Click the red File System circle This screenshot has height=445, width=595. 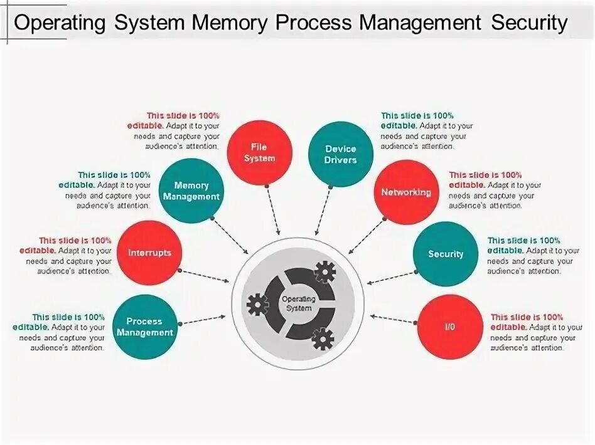[x=260, y=153]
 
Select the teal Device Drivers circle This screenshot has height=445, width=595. [x=341, y=154]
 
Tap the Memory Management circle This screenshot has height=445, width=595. [x=191, y=191]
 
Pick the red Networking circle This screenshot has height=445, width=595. [x=406, y=192]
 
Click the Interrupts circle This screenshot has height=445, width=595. [x=149, y=253]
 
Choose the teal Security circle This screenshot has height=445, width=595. [x=446, y=254]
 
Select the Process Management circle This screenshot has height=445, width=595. [x=144, y=327]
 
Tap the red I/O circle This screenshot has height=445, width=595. [x=449, y=327]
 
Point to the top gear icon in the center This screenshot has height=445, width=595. [x=324, y=271]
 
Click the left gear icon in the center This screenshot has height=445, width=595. [x=257, y=305]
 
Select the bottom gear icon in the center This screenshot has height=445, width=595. [x=323, y=338]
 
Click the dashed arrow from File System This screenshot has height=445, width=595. [x=274, y=209]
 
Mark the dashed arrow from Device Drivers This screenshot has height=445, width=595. [x=324, y=210]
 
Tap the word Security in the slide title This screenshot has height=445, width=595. [x=529, y=23]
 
